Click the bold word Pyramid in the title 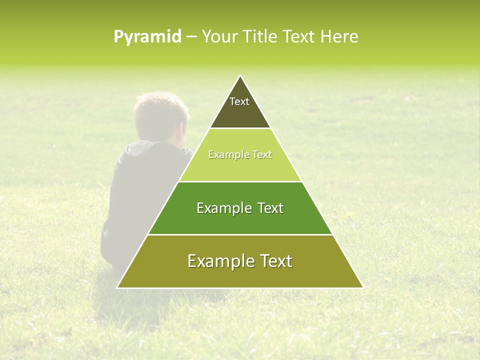tap(147, 36)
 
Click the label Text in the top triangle tap(239, 101)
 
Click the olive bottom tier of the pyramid tap(240, 275)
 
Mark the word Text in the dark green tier tap(270, 208)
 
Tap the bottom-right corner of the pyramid tap(362, 287)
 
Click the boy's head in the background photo tap(161, 115)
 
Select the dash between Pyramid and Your tap(191, 37)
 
